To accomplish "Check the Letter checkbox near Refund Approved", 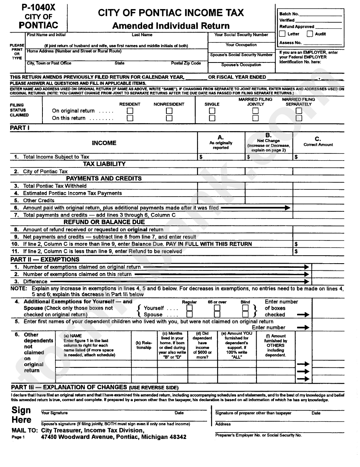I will point(282,34).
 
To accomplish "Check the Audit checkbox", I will point(310,34).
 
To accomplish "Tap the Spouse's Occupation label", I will point(241,65).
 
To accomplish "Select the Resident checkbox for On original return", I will point(130,111).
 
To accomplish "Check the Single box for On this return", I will point(212,118).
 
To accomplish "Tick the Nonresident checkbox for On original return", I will point(169,111).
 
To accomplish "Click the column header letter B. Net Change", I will point(268,135).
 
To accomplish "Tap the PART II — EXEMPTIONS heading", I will point(45,259).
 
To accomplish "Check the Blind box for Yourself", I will point(245,308).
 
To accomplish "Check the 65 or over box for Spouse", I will point(217,314).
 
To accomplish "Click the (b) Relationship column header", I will point(144,345).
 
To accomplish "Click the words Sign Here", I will point(22,415).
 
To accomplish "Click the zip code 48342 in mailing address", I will point(176,437).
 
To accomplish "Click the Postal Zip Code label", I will point(186,63).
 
